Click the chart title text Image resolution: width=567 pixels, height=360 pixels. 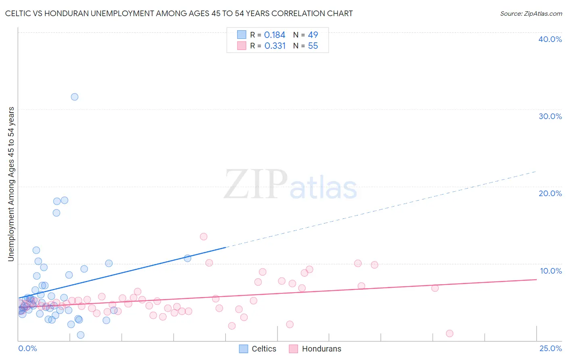tap(179, 14)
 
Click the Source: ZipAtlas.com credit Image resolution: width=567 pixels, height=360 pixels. tap(531, 14)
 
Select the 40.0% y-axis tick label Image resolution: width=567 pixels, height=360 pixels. tap(550, 39)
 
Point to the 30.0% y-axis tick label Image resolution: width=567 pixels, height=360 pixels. tap(550, 116)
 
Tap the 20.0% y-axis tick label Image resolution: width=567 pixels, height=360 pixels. tap(550, 193)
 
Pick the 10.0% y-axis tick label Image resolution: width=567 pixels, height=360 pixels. tap(550, 271)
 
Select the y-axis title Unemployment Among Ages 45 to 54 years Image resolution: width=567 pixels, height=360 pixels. tap(11, 184)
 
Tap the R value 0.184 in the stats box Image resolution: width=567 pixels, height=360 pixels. tap(275, 35)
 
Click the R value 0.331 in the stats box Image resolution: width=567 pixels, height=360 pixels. tap(275, 46)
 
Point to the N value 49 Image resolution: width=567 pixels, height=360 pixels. tap(313, 35)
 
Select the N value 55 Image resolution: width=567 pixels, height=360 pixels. tap(313, 46)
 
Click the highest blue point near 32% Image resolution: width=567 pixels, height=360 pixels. tap(75, 97)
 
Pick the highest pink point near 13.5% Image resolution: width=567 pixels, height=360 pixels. tap(204, 237)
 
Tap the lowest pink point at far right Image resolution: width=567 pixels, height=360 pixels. tap(450, 333)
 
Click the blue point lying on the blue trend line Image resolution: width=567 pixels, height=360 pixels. tap(188, 258)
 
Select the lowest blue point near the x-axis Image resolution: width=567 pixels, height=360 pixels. tap(81, 335)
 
